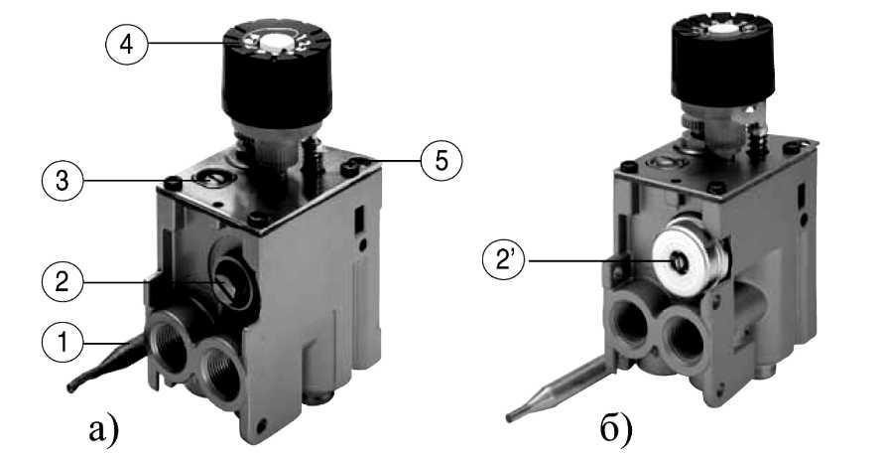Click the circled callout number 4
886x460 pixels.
pyautogui.click(x=127, y=44)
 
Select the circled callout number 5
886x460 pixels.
pyautogui.click(x=442, y=161)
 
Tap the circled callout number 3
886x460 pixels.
pyautogui.click(x=63, y=181)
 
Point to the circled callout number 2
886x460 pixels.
pyautogui.click(x=63, y=282)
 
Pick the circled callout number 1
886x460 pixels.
pyautogui.click(x=63, y=342)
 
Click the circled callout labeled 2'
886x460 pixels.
pyautogui.click(x=503, y=261)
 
